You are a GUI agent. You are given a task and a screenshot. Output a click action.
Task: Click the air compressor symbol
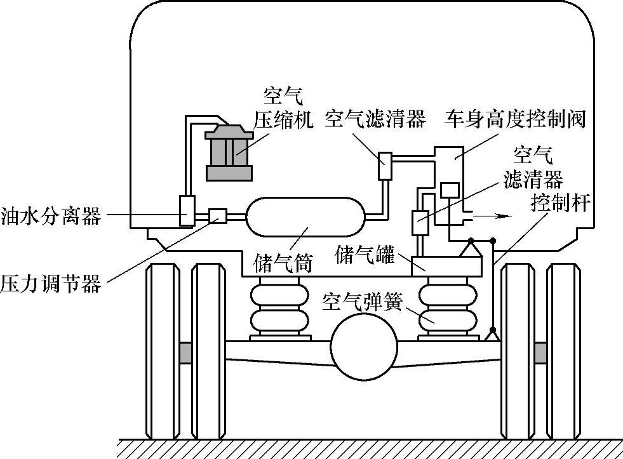[228, 152]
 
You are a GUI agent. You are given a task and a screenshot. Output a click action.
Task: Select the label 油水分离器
[51, 216]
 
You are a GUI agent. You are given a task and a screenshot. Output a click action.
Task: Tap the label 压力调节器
[51, 283]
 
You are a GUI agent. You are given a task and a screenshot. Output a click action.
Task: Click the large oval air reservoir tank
[305, 216]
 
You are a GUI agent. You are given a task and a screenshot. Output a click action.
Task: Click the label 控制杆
[561, 204]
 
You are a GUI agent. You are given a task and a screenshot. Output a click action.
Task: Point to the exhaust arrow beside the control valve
[492, 217]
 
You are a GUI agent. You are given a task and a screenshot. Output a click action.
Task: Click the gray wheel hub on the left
[185, 353]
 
